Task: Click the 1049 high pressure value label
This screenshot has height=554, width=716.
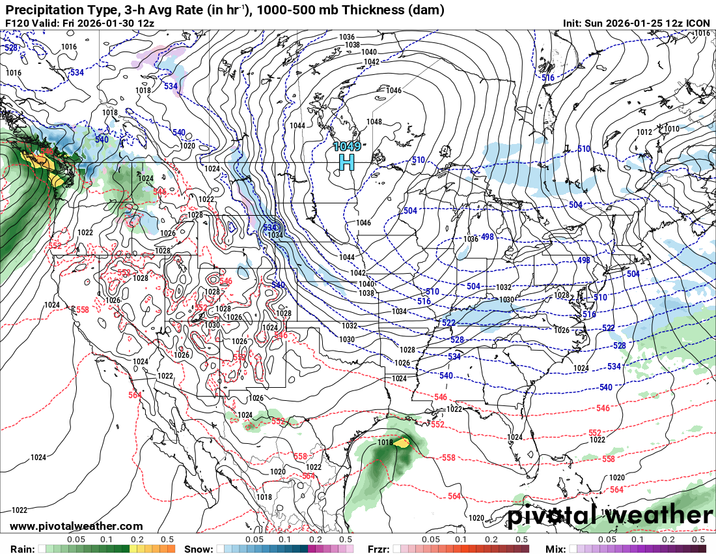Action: pos(346,146)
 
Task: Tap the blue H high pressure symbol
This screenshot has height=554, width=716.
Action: pos(346,161)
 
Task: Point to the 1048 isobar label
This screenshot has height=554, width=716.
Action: pos(374,122)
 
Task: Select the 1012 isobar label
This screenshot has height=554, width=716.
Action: pos(644,132)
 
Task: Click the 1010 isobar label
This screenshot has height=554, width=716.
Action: pos(671,129)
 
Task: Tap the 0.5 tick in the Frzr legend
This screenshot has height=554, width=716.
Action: pos(521,539)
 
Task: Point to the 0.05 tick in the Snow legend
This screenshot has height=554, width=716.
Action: pos(254,539)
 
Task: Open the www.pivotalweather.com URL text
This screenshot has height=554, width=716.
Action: pos(76,526)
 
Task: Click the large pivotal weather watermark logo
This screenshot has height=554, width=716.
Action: pos(610,516)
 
